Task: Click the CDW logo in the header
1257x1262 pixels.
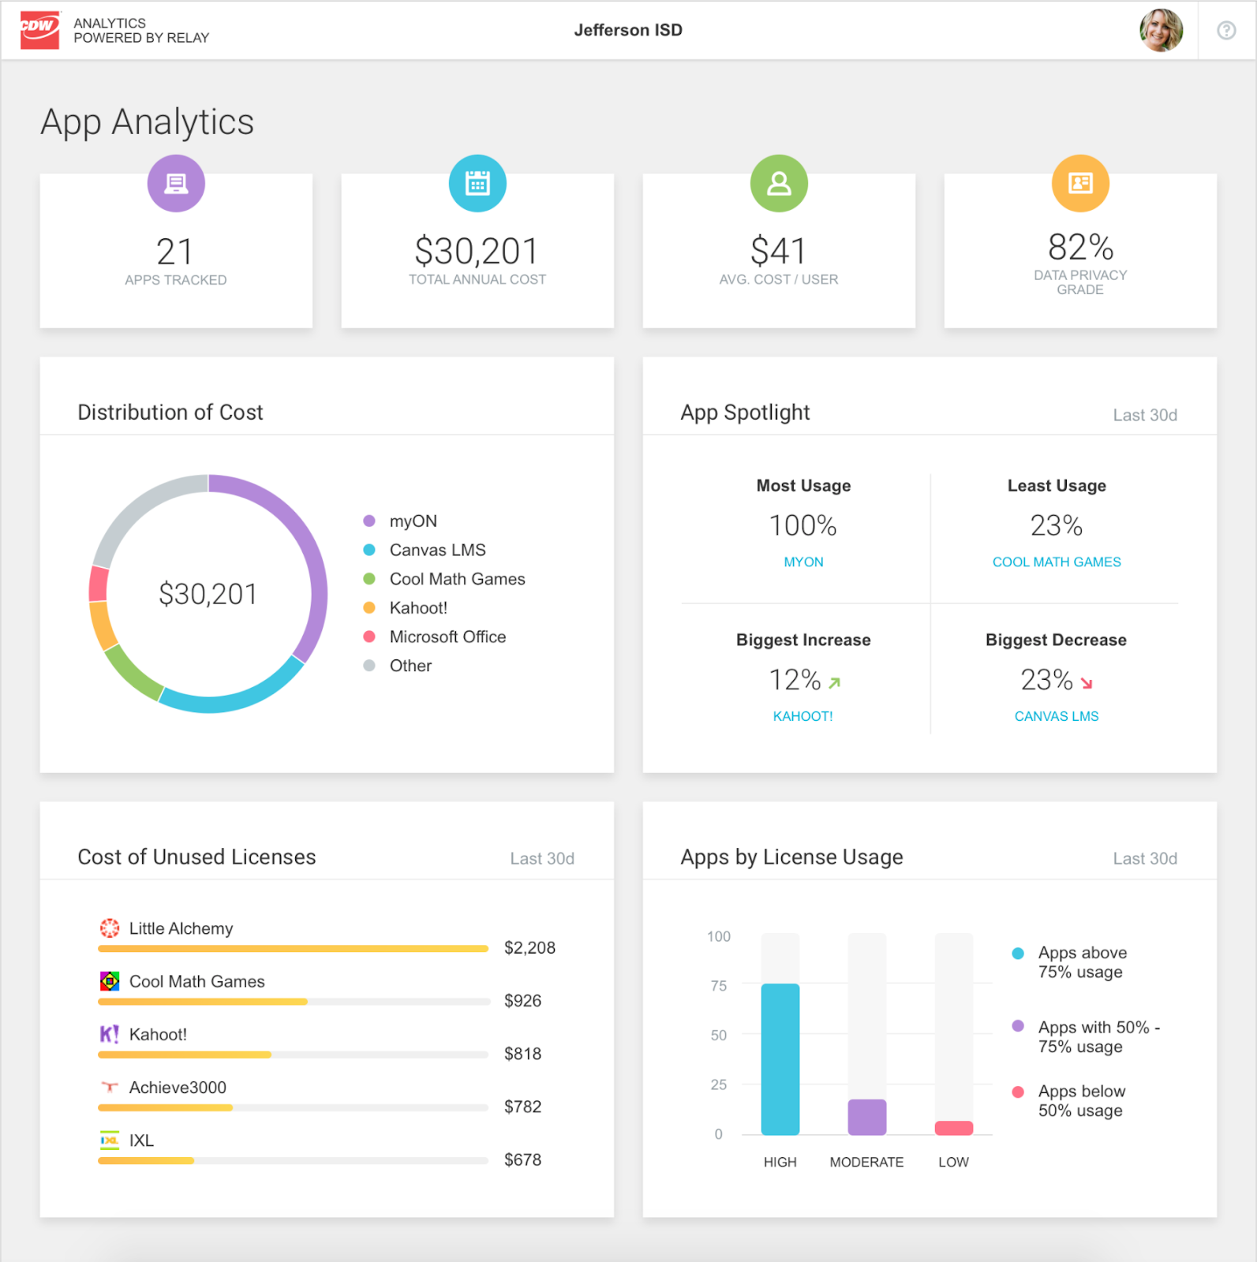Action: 39,30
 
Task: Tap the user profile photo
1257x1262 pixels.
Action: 1161,30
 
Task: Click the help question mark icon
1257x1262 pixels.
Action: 1225,30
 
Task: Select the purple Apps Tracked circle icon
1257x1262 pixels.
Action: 176,183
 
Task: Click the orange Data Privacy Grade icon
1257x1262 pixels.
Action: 1079,183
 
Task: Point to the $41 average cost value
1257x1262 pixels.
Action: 778,252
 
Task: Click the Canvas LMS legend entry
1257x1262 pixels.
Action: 436,550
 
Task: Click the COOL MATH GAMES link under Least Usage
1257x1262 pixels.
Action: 1056,562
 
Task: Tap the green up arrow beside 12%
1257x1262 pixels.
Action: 835,682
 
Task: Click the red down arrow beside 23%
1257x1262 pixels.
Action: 1087,683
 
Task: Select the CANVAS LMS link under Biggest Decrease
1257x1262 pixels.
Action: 1056,716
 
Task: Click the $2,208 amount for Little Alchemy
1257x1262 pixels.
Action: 529,947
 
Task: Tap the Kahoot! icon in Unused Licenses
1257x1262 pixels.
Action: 109,1034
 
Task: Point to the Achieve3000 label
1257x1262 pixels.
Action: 178,1088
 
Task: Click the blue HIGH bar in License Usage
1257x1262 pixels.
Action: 780,1059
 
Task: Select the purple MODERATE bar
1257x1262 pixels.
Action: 866,1117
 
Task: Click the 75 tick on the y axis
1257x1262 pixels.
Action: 718,986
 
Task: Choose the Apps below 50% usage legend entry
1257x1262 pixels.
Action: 1080,1100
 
